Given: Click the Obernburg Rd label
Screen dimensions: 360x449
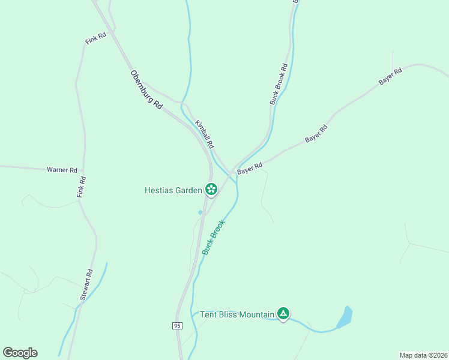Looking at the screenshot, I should point(146,89).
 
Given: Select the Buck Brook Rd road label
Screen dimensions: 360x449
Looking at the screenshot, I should point(279,85).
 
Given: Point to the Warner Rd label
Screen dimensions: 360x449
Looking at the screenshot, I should point(62,170).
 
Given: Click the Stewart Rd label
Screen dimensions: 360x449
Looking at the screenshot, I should point(87,284).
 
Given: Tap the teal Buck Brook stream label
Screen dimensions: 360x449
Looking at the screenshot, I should point(213,237).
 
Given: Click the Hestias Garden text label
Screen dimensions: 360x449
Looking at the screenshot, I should point(173,190).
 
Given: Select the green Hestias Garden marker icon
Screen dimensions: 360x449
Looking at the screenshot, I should point(211,190).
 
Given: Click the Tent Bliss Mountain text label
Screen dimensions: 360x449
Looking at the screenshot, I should point(237,314).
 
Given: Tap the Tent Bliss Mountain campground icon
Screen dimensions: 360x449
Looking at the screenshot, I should point(283,313).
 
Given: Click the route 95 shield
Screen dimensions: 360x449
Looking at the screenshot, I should point(176,325).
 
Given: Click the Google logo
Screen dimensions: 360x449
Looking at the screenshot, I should point(20,353).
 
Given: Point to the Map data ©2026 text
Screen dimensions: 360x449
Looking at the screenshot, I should point(423,355).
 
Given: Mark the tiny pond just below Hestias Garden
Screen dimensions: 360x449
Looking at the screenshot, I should point(200,212).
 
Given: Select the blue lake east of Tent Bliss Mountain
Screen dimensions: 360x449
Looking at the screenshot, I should point(345,317).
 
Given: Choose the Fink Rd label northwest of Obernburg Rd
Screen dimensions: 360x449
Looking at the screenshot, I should point(95,39).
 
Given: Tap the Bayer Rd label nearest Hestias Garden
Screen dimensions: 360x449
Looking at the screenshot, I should point(250,169).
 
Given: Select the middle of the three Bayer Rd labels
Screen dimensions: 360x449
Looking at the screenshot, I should point(316,133).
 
